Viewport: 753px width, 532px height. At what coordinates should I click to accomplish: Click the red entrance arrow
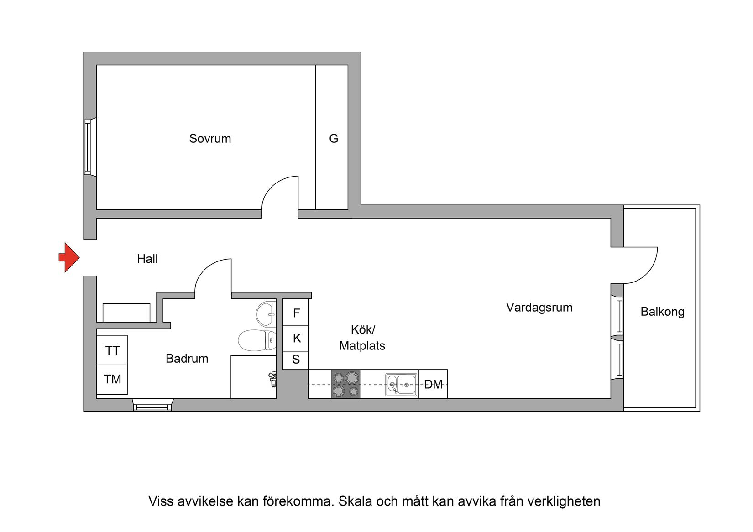pos(69,257)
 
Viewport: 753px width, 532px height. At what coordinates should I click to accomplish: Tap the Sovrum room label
pos(210,139)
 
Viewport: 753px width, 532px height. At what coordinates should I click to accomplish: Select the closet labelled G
pos(333,138)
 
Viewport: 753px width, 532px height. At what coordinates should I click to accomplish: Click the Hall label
pos(147,259)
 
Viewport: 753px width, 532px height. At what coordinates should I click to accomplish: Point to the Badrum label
pos(187,359)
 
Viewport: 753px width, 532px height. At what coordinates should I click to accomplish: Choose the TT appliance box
pos(112,350)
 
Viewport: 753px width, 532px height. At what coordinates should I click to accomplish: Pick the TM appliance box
pos(112,379)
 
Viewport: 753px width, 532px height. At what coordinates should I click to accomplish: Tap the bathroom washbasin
pos(266,314)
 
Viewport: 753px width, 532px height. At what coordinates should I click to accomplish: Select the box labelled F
pos(296,313)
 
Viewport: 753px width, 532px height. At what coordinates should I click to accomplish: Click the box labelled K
pos(296,339)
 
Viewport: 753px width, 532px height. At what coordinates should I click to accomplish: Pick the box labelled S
pos(296,360)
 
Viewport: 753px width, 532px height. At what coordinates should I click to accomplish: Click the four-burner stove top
pos(345,384)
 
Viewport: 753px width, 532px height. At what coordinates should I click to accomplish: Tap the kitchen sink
pos(401,385)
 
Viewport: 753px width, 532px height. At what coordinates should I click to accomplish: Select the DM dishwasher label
pos(433,385)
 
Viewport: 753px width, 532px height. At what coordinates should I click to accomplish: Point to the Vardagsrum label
pos(539,308)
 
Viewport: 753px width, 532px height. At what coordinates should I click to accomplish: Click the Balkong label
pos(662,312)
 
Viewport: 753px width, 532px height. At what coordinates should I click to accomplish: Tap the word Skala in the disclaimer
pos(354,501)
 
